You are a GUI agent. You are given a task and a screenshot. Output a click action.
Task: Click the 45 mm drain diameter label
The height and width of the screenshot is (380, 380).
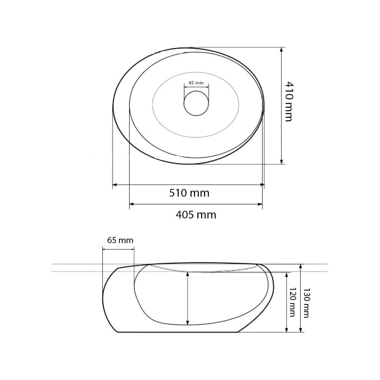(x=196, y=83)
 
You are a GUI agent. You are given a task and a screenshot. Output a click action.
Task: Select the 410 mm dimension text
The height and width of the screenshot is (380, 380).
(x=289, y=101)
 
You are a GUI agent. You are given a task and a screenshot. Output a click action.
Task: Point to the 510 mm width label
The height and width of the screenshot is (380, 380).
(x=189, y=193)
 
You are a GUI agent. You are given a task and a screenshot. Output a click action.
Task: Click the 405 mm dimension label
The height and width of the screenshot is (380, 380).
(x=196, y=215)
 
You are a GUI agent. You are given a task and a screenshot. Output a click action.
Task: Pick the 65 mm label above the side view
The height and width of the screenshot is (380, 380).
(x=120, y=240)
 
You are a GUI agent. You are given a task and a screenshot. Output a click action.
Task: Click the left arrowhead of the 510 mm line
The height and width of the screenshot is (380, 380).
(x=115, y=184)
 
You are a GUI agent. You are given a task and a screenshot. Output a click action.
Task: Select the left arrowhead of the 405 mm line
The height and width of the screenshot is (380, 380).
(x=132, y=205)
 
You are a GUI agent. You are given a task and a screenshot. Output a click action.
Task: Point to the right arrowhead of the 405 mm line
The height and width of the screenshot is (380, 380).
(x=260, y=205)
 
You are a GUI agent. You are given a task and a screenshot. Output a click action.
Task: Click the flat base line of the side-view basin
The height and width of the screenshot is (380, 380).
(x=179, y=332)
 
